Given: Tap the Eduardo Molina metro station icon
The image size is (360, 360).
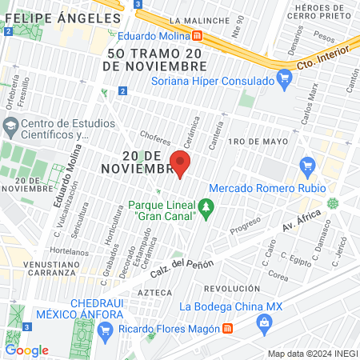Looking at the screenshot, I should click(x=197, y=35).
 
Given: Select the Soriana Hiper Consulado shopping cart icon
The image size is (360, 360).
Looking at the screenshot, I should click(x=283, y=78).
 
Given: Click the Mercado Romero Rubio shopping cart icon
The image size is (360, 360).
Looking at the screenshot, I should click(x=306, y=166).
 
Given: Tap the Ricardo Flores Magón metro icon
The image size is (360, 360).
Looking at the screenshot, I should click(x=228, y=328).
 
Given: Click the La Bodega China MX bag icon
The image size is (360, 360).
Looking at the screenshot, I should click(x=263, y=321).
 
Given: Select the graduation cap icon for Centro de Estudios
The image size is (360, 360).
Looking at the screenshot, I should click(x=10, y=126).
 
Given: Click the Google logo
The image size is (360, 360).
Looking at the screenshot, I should click(x=26, y=350).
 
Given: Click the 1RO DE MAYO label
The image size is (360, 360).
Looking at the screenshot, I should click(x=257, y=142).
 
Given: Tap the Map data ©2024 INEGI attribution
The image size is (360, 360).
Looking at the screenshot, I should click(x=311, y=354).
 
